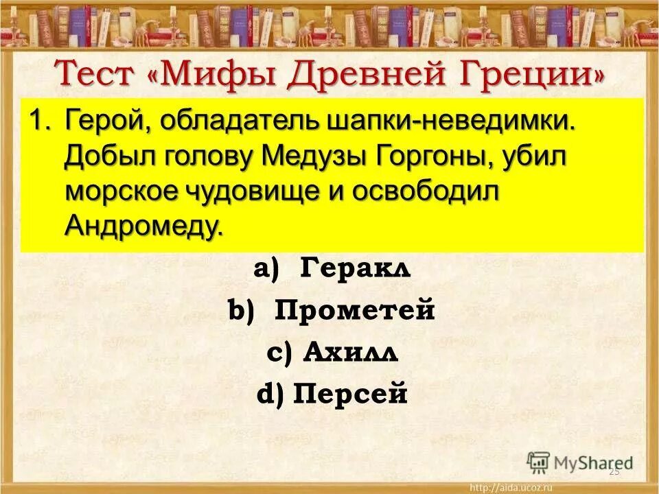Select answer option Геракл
pyautogui.click(x=355, y=269)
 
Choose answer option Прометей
pyautogui.click(x=355, y=311)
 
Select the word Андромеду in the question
pyautogui.click(x=144, y=225)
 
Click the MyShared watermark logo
pyautogui.click(x=580, y=462)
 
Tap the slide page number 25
pyautogui.click(x=614, y=472)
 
